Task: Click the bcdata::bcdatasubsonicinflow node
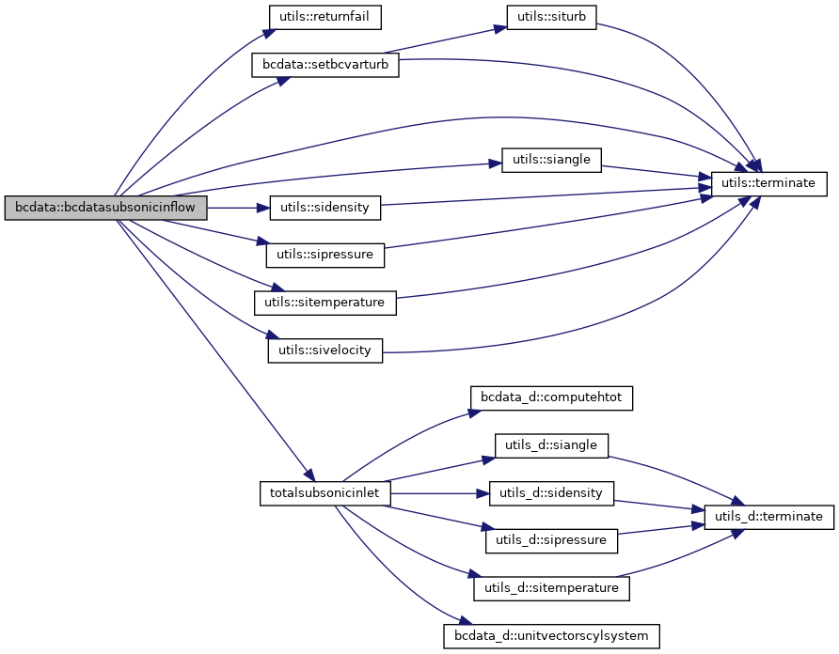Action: [x=105, y=208]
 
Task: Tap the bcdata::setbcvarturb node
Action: [x=325, y=66]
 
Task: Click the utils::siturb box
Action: [x=552, y=17]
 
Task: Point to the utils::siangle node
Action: [x=551, y=160]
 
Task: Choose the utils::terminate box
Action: [x=768, y=183]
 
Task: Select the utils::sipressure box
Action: [x=325, y=255]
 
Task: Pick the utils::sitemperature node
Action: [x=325, y=303]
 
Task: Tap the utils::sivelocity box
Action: [x=325, y=350]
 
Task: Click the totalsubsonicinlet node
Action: [x=325, y=493]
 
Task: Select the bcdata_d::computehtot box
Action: [x=551, y=397]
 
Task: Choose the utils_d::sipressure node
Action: [x=551, y=540]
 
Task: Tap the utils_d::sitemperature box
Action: [x=551, y=589]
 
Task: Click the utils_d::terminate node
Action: [x=768, y=517]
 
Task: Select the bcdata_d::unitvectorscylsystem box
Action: [x=551, y=636]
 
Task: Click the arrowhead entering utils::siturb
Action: [x=501, y=28]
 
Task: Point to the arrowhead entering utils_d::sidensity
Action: [x=483, y=493]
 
